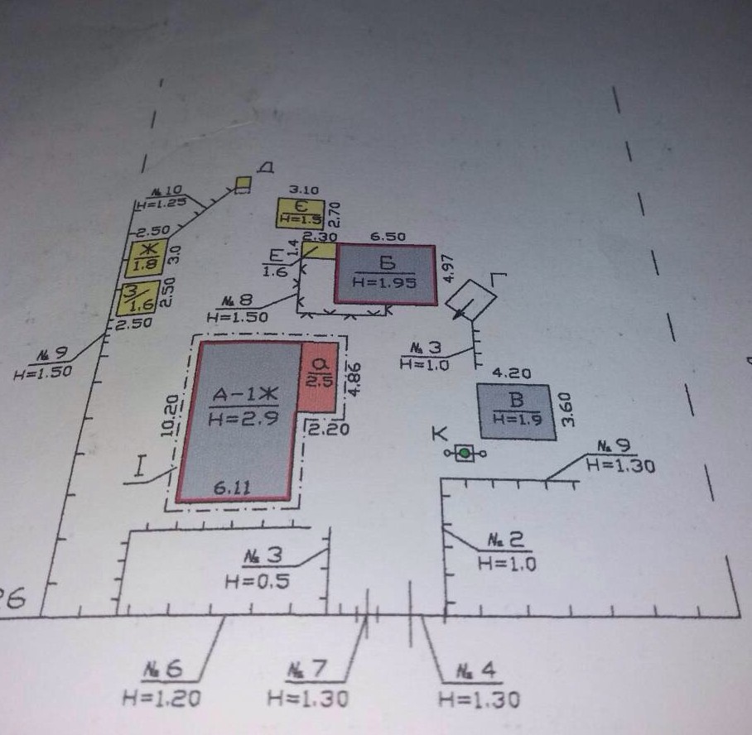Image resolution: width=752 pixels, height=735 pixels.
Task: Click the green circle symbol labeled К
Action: tap(465, 453)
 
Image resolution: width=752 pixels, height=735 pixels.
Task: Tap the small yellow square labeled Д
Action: tap(243, 184)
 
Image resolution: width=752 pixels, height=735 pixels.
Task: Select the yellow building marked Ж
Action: tap(147, 257)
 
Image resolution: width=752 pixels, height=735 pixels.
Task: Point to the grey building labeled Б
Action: tap(385, 274)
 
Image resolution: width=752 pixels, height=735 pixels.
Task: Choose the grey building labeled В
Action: tap(513, 406)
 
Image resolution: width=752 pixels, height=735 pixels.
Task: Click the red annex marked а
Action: tap(320, 376)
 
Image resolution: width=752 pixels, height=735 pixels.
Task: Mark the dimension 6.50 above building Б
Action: tap(388, 237)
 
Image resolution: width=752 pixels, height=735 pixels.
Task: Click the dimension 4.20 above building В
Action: tap(512, 373)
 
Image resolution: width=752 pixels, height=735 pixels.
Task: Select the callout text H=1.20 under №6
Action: tap(161, 699)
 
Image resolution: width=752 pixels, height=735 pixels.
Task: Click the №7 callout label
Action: tap(307, 669)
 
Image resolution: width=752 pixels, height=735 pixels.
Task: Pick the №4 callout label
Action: tap(479, 670)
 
